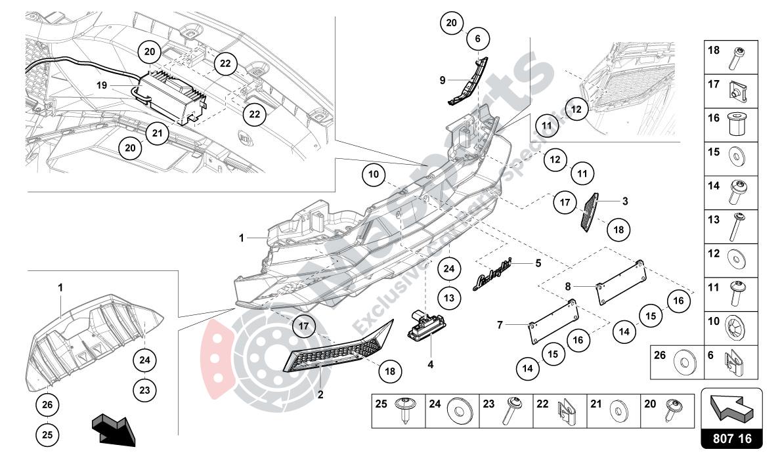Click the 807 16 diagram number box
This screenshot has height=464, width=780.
[x=732, y=439]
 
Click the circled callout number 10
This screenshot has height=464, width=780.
[x=374, y=175]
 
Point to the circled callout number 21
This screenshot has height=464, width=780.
[x=156, y=133]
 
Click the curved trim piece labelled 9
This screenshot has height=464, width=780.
[x=469, y=82]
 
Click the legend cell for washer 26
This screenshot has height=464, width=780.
[x=677, y=362]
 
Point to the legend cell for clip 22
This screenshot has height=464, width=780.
[x=559, y=411]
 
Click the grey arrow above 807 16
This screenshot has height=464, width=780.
[x=732, y=407]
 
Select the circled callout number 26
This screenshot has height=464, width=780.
[x=47, y=404]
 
